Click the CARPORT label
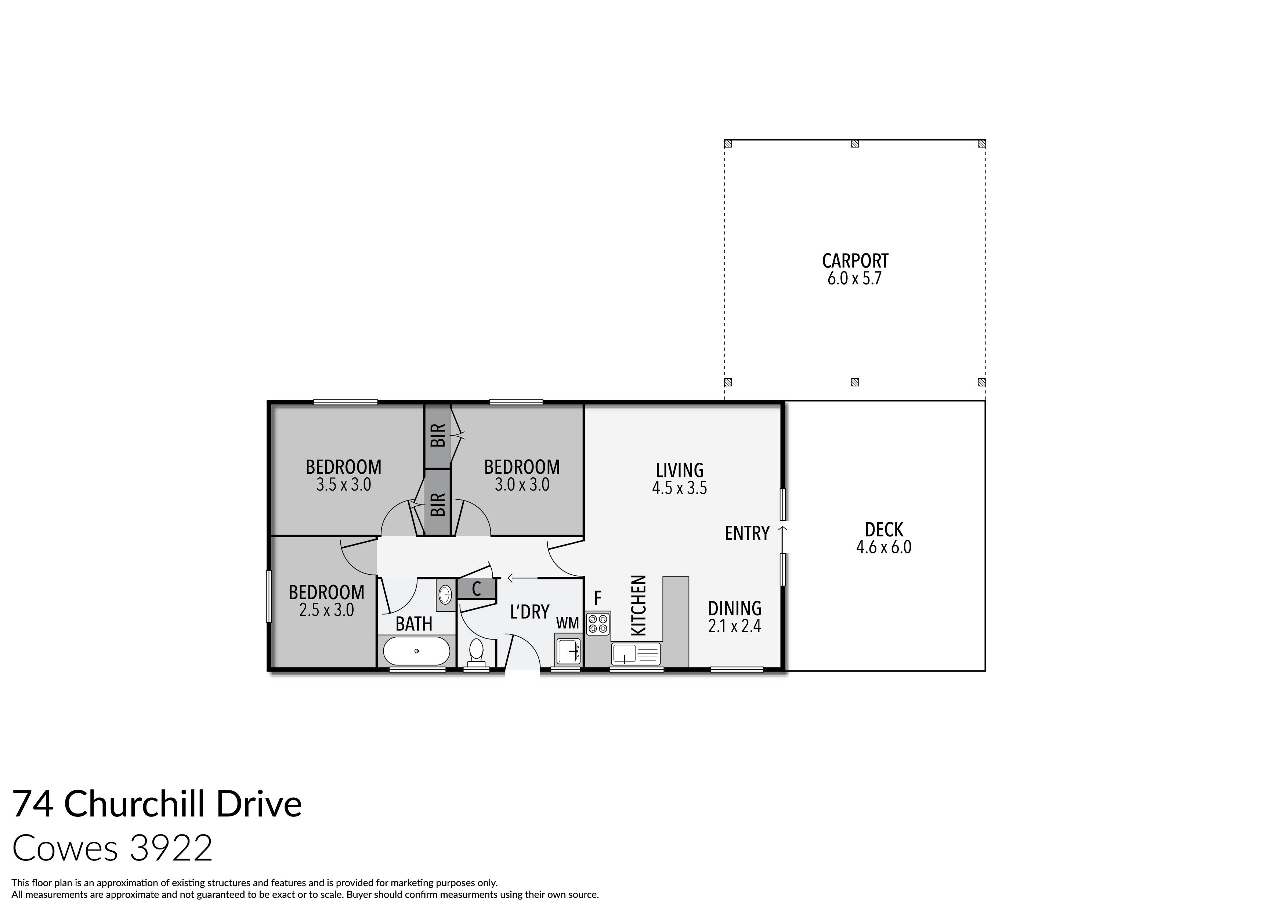pyautogui.click(x=855, y=261)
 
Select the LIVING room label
pyautogui.click(x=679, y=470)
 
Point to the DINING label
pyautogui.click(x=734, y=608)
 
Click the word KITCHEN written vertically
pyautogui.click(x=639, y=605)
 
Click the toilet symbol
pyautogui.click(x=476, y=652)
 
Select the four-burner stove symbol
pyautogui.click(x=597, y=623)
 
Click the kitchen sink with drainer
pyautogui.click(x=636, y=654)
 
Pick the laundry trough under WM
pyautogui.click(x=569, y=651)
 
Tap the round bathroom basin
pyautogui.click(x=445, y=594)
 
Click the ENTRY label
pyautogui.click(x=747, y=533)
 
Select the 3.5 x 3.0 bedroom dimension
pyautogui.click(x=343, y=484)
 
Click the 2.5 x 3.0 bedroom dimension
pyautogui.click(x=326, y=610)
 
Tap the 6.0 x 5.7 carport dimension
pyautogui.click(x=854, y=279)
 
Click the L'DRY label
pyautogui.click(x=529, y=612)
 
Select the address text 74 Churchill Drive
pyautogui.click(x=157, y=804)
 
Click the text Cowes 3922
pyautogui.click(x=112, y=848)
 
